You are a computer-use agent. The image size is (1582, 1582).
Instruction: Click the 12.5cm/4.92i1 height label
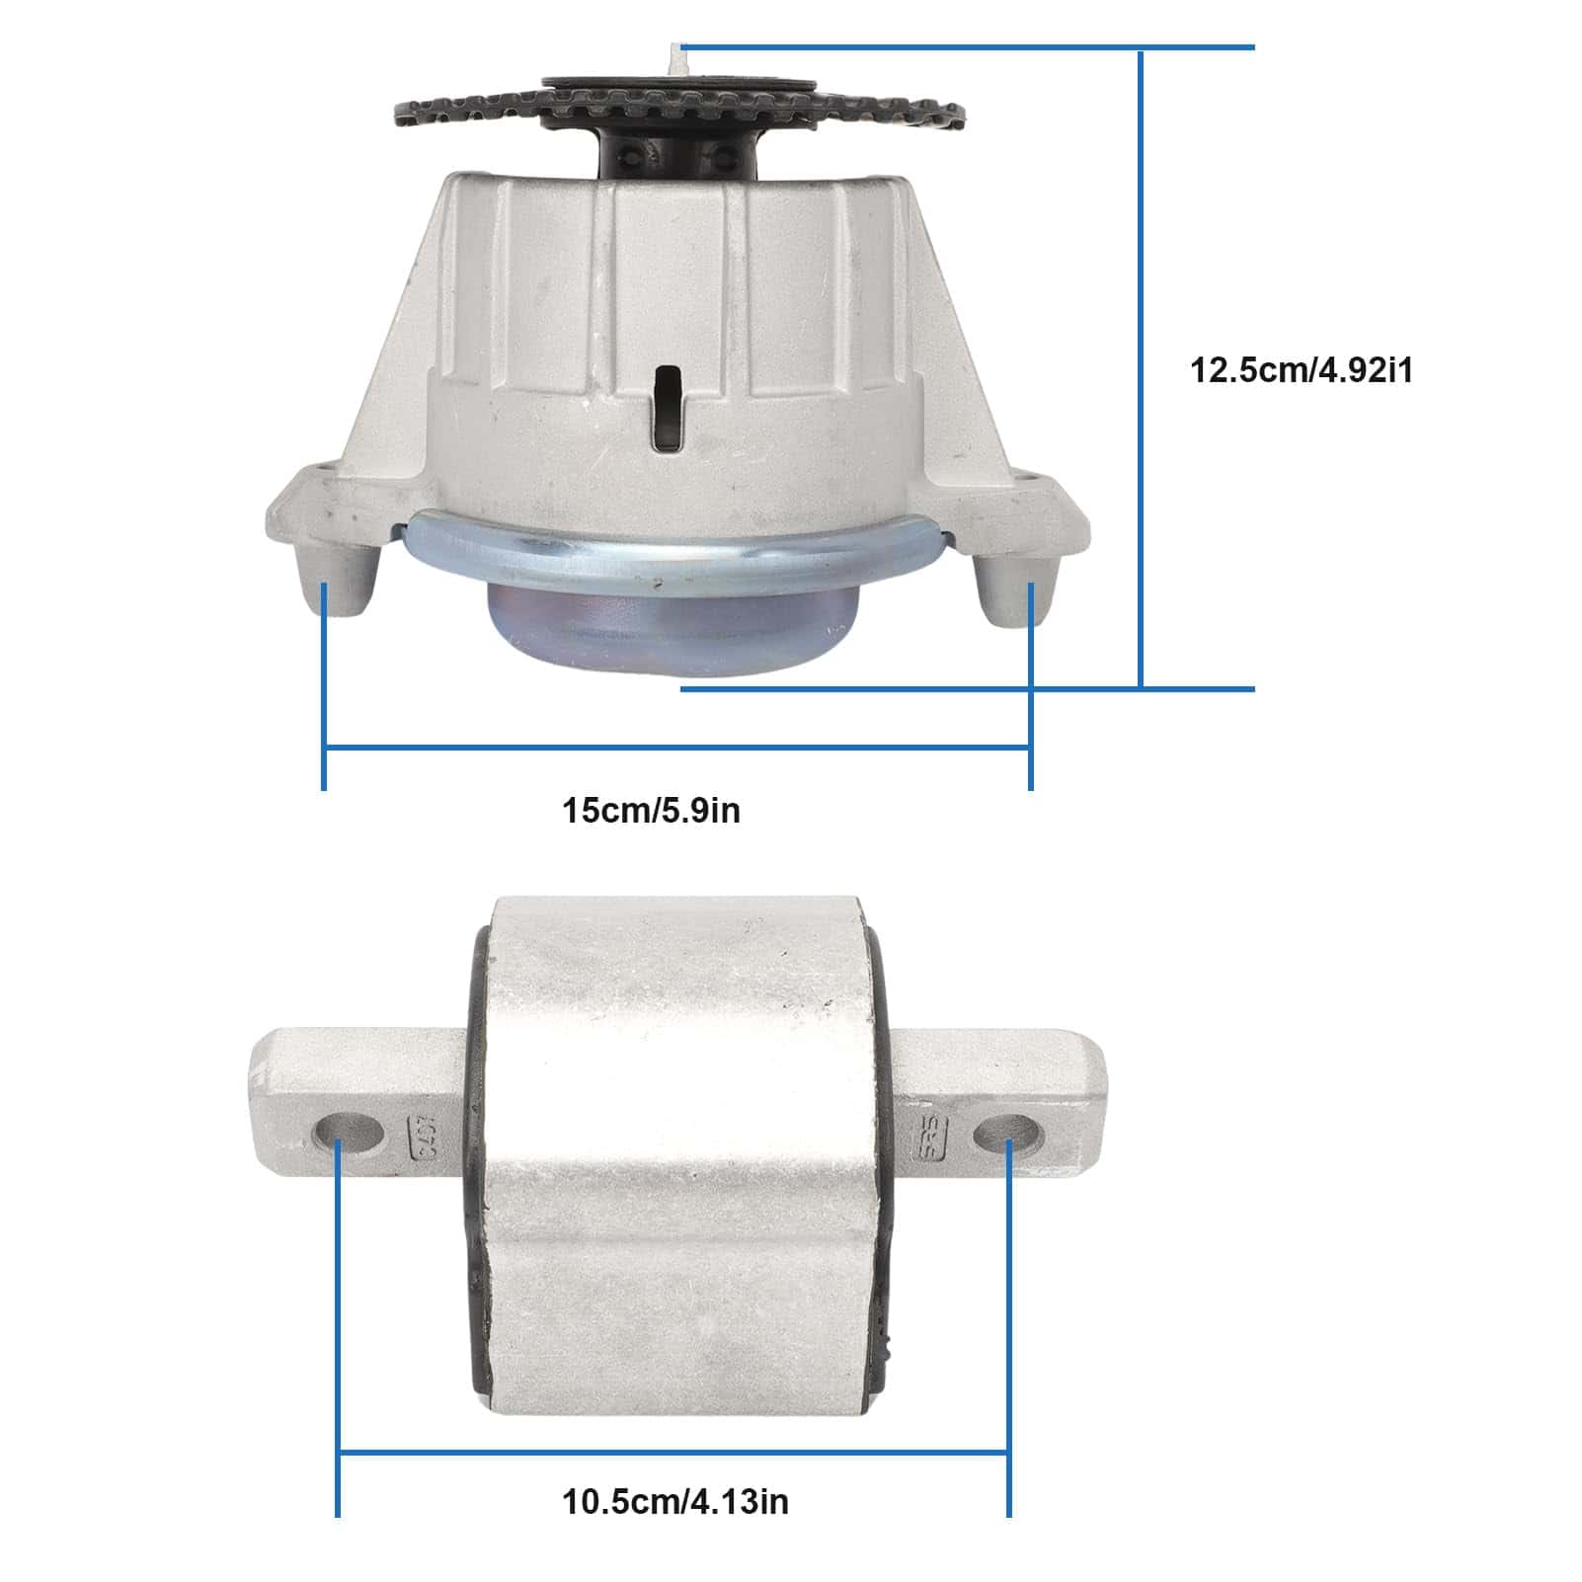[x=1302, y=371]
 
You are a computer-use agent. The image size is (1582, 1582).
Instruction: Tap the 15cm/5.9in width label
[x=651, y=811]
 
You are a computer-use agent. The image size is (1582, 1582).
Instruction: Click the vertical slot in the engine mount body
[x=669, y=410]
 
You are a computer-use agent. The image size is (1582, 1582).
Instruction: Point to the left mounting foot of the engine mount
[x=341, y=583]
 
